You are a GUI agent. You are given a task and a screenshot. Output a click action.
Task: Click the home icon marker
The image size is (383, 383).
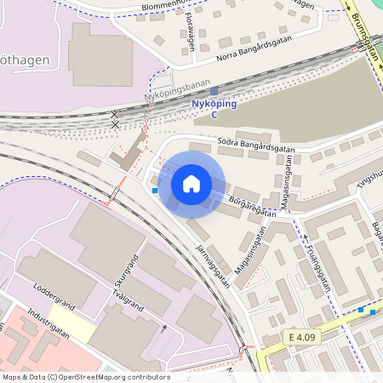191,183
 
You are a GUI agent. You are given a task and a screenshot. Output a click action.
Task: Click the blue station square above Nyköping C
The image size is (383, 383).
214,90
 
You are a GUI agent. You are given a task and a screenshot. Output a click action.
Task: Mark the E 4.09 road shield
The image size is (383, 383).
302,338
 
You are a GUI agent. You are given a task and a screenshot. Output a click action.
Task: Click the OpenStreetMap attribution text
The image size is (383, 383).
86,377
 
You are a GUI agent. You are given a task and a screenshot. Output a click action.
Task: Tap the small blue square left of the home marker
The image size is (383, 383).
155,191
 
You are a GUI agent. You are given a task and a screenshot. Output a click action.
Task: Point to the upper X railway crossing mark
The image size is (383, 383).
115,113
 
